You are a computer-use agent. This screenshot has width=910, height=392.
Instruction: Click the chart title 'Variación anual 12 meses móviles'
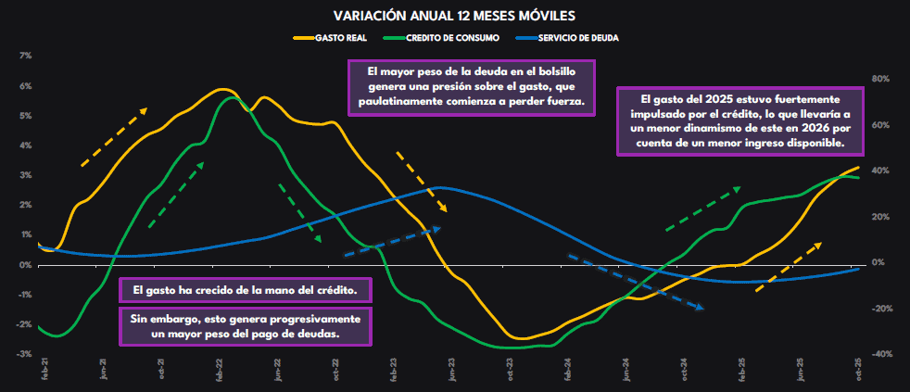[454, 16]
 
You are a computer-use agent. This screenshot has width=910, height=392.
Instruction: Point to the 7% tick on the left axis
[26, 57]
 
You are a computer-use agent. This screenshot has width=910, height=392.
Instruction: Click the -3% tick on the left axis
[26, 354]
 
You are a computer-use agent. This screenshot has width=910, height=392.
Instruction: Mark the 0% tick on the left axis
[26, 265]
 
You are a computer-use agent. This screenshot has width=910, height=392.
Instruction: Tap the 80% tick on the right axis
[881, 80]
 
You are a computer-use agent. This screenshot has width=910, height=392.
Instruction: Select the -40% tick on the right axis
[881, 354]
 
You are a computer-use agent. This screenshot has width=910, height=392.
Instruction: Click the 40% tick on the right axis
[881, 171]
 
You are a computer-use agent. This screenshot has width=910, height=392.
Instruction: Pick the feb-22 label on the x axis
[220, 371]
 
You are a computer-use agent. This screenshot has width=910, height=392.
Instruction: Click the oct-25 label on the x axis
[858, 371]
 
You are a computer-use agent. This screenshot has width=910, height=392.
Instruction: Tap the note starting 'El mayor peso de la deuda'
[472, 87]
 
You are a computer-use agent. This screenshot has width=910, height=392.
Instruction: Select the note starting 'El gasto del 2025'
[739, 121]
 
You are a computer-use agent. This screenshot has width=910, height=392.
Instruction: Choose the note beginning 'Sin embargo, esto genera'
[246, 325]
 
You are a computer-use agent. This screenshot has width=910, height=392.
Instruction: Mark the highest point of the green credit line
[232, 97]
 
